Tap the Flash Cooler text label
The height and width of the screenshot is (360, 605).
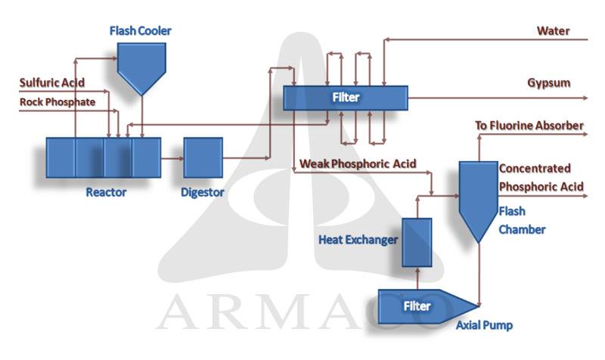point(140,31)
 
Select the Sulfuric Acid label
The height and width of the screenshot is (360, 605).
point(52,82)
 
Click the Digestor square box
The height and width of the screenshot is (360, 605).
point(203,157)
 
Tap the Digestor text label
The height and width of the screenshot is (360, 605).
point(203,192)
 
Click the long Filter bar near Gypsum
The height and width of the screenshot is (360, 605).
point(346,98)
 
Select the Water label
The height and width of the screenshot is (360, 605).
point(553,31)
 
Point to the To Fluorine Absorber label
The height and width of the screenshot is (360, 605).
point(529,125)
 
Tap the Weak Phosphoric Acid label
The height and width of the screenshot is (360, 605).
point(358,163)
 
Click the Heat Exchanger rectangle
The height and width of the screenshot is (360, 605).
point(416,241)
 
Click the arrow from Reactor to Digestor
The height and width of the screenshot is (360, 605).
point(172,158)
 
